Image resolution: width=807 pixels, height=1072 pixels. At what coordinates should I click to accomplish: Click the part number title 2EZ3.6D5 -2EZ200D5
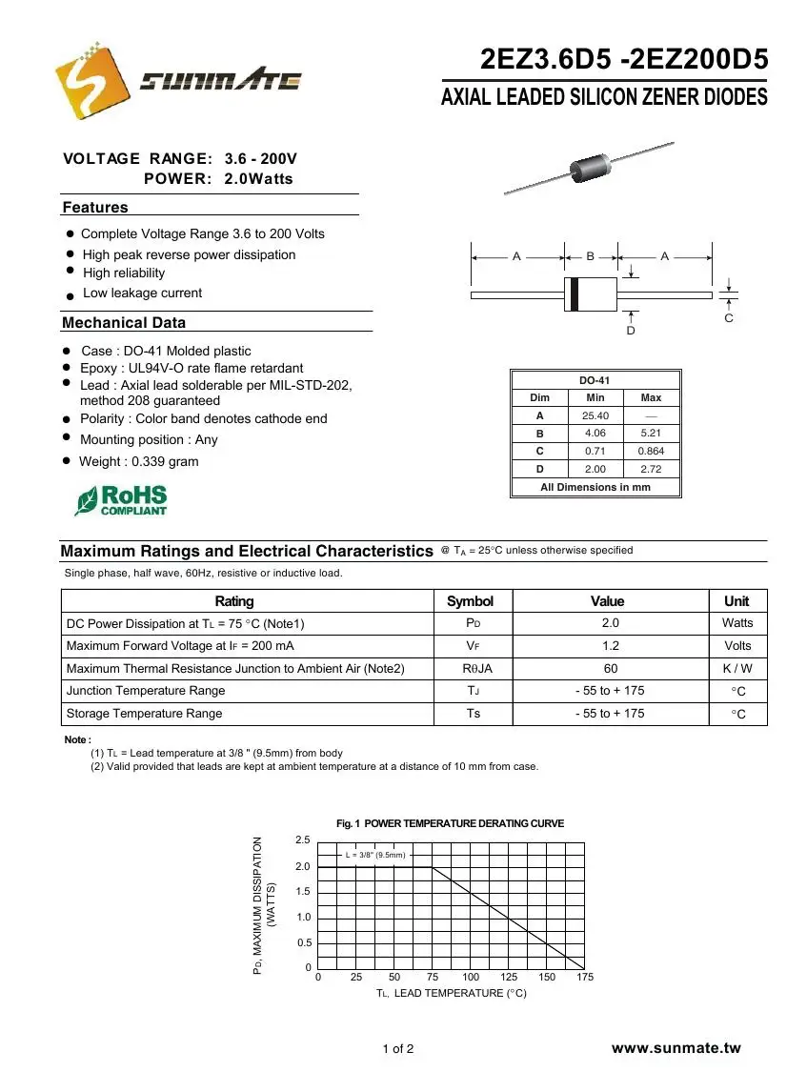click(x=624, y=60)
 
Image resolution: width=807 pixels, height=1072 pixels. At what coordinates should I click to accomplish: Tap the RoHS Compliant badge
click(x=121, y=500)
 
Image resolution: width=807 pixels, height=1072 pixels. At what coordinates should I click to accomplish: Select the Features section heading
click(x=95, y=208)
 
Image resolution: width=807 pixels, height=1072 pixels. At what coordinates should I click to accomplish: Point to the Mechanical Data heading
click(x=124, y=323)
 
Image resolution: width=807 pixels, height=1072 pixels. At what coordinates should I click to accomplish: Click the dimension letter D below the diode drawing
click(x=631, y=331)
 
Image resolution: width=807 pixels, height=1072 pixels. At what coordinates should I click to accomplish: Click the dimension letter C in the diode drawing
click(x=729, y=318)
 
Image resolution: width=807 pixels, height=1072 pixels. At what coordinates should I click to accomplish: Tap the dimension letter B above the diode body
click(x=591, y=256)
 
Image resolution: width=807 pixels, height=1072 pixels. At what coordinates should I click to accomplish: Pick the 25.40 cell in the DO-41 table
click(x=595, y=415)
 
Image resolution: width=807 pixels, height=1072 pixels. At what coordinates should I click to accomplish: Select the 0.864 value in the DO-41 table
click(x=652, y=451)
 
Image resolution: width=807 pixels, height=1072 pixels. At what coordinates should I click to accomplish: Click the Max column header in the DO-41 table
click(x=652, y=397)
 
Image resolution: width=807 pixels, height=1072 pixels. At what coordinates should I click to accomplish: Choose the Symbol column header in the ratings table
click(x=471, y=601)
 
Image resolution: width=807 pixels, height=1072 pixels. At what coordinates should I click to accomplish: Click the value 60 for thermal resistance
click(x=611, y=669)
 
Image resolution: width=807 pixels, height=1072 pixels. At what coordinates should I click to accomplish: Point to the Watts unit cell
click(x=737, y=623)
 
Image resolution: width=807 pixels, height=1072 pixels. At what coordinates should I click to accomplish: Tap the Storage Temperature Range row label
click(x=144, y=714)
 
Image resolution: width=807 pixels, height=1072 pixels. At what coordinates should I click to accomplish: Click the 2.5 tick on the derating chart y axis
click(x=302, y=839)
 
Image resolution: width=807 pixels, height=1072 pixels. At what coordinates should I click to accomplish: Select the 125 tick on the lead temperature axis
click(x=509, y=977)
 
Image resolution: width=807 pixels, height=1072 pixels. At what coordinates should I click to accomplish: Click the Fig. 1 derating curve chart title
click(x=451, y=823)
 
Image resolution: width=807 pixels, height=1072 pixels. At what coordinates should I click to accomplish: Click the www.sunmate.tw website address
click(x=676, y=1048)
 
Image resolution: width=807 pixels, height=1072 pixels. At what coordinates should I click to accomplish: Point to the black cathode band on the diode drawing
click(x=574, y=294)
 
